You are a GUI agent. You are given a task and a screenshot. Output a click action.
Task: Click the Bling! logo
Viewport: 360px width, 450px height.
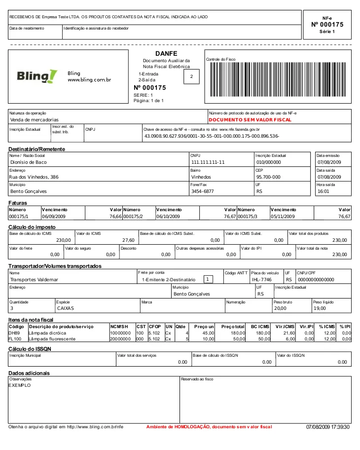37,76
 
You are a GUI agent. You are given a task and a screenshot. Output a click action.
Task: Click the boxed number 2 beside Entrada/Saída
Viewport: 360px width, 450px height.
191,76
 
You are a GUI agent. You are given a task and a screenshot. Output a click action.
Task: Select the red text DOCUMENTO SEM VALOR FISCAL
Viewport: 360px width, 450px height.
250,119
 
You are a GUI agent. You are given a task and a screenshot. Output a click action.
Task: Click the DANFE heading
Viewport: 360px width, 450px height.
166,53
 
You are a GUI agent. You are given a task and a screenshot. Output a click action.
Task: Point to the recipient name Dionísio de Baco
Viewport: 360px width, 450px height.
29,162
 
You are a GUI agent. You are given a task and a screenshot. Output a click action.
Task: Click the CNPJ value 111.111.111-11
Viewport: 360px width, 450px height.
208,162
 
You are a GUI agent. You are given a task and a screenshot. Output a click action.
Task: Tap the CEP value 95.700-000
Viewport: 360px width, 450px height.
268,177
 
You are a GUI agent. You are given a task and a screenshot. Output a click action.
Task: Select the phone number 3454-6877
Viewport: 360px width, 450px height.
202,191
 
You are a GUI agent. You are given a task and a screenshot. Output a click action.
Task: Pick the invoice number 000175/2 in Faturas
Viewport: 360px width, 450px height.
133,216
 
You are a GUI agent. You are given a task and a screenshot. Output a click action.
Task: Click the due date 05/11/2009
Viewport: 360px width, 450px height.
283,216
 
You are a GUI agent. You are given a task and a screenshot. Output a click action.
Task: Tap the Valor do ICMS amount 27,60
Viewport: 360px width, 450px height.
128,240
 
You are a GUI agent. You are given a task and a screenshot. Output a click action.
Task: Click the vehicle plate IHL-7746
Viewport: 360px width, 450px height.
262,279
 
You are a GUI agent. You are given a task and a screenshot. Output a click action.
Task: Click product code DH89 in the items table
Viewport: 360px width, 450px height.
14,333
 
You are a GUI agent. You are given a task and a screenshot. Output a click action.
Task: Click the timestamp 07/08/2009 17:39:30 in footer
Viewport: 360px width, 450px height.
327,426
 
